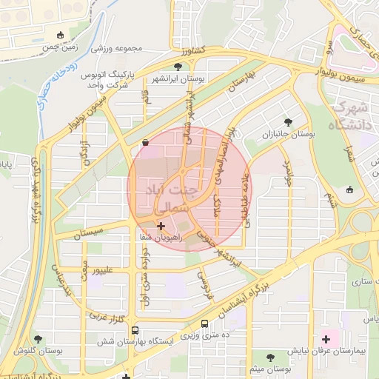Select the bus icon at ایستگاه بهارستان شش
click(134, 331)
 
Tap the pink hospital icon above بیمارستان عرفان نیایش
click(326, 338)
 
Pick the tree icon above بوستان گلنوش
click(38, 338)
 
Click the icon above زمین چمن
click(60, 35)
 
